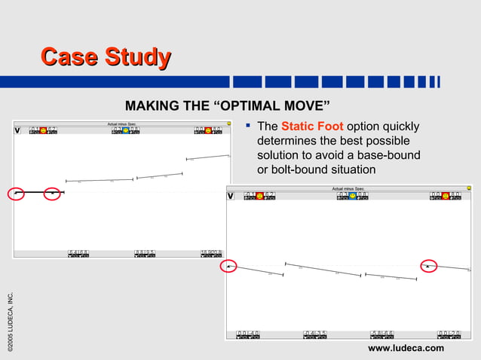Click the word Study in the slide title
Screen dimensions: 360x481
pos(136,58)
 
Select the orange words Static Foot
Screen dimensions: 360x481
pos(312,127)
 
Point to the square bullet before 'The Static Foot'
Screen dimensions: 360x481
pos(249,126)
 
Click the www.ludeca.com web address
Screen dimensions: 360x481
pos(406,347)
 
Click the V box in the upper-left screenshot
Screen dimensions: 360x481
pos(17,130)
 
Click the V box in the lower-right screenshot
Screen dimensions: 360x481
pos(231,197)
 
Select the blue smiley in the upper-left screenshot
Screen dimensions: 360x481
pos(126,130)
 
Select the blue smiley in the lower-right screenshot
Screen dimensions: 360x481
pos(352,196)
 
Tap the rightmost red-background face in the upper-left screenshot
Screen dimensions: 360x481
pos(208,130)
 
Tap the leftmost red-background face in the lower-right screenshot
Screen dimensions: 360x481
pos(259,196)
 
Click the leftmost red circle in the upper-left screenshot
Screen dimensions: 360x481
pos(17,193)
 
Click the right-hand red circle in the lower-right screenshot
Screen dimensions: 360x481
pos(428,266)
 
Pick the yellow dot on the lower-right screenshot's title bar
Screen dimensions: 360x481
pos(468,188)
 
